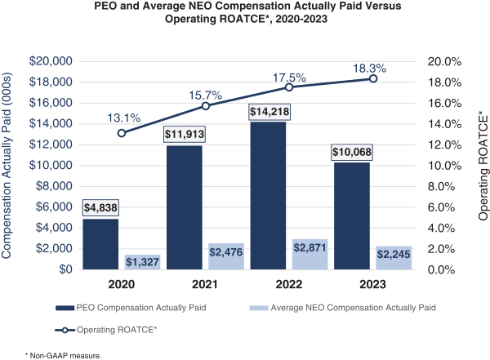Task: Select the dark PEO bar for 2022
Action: [x=268, y=196]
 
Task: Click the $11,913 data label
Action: [x=184, y=133]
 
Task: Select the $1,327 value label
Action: [x=142, y=261]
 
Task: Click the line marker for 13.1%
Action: [x=122, y=133]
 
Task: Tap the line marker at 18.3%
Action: [x=373, y=78]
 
